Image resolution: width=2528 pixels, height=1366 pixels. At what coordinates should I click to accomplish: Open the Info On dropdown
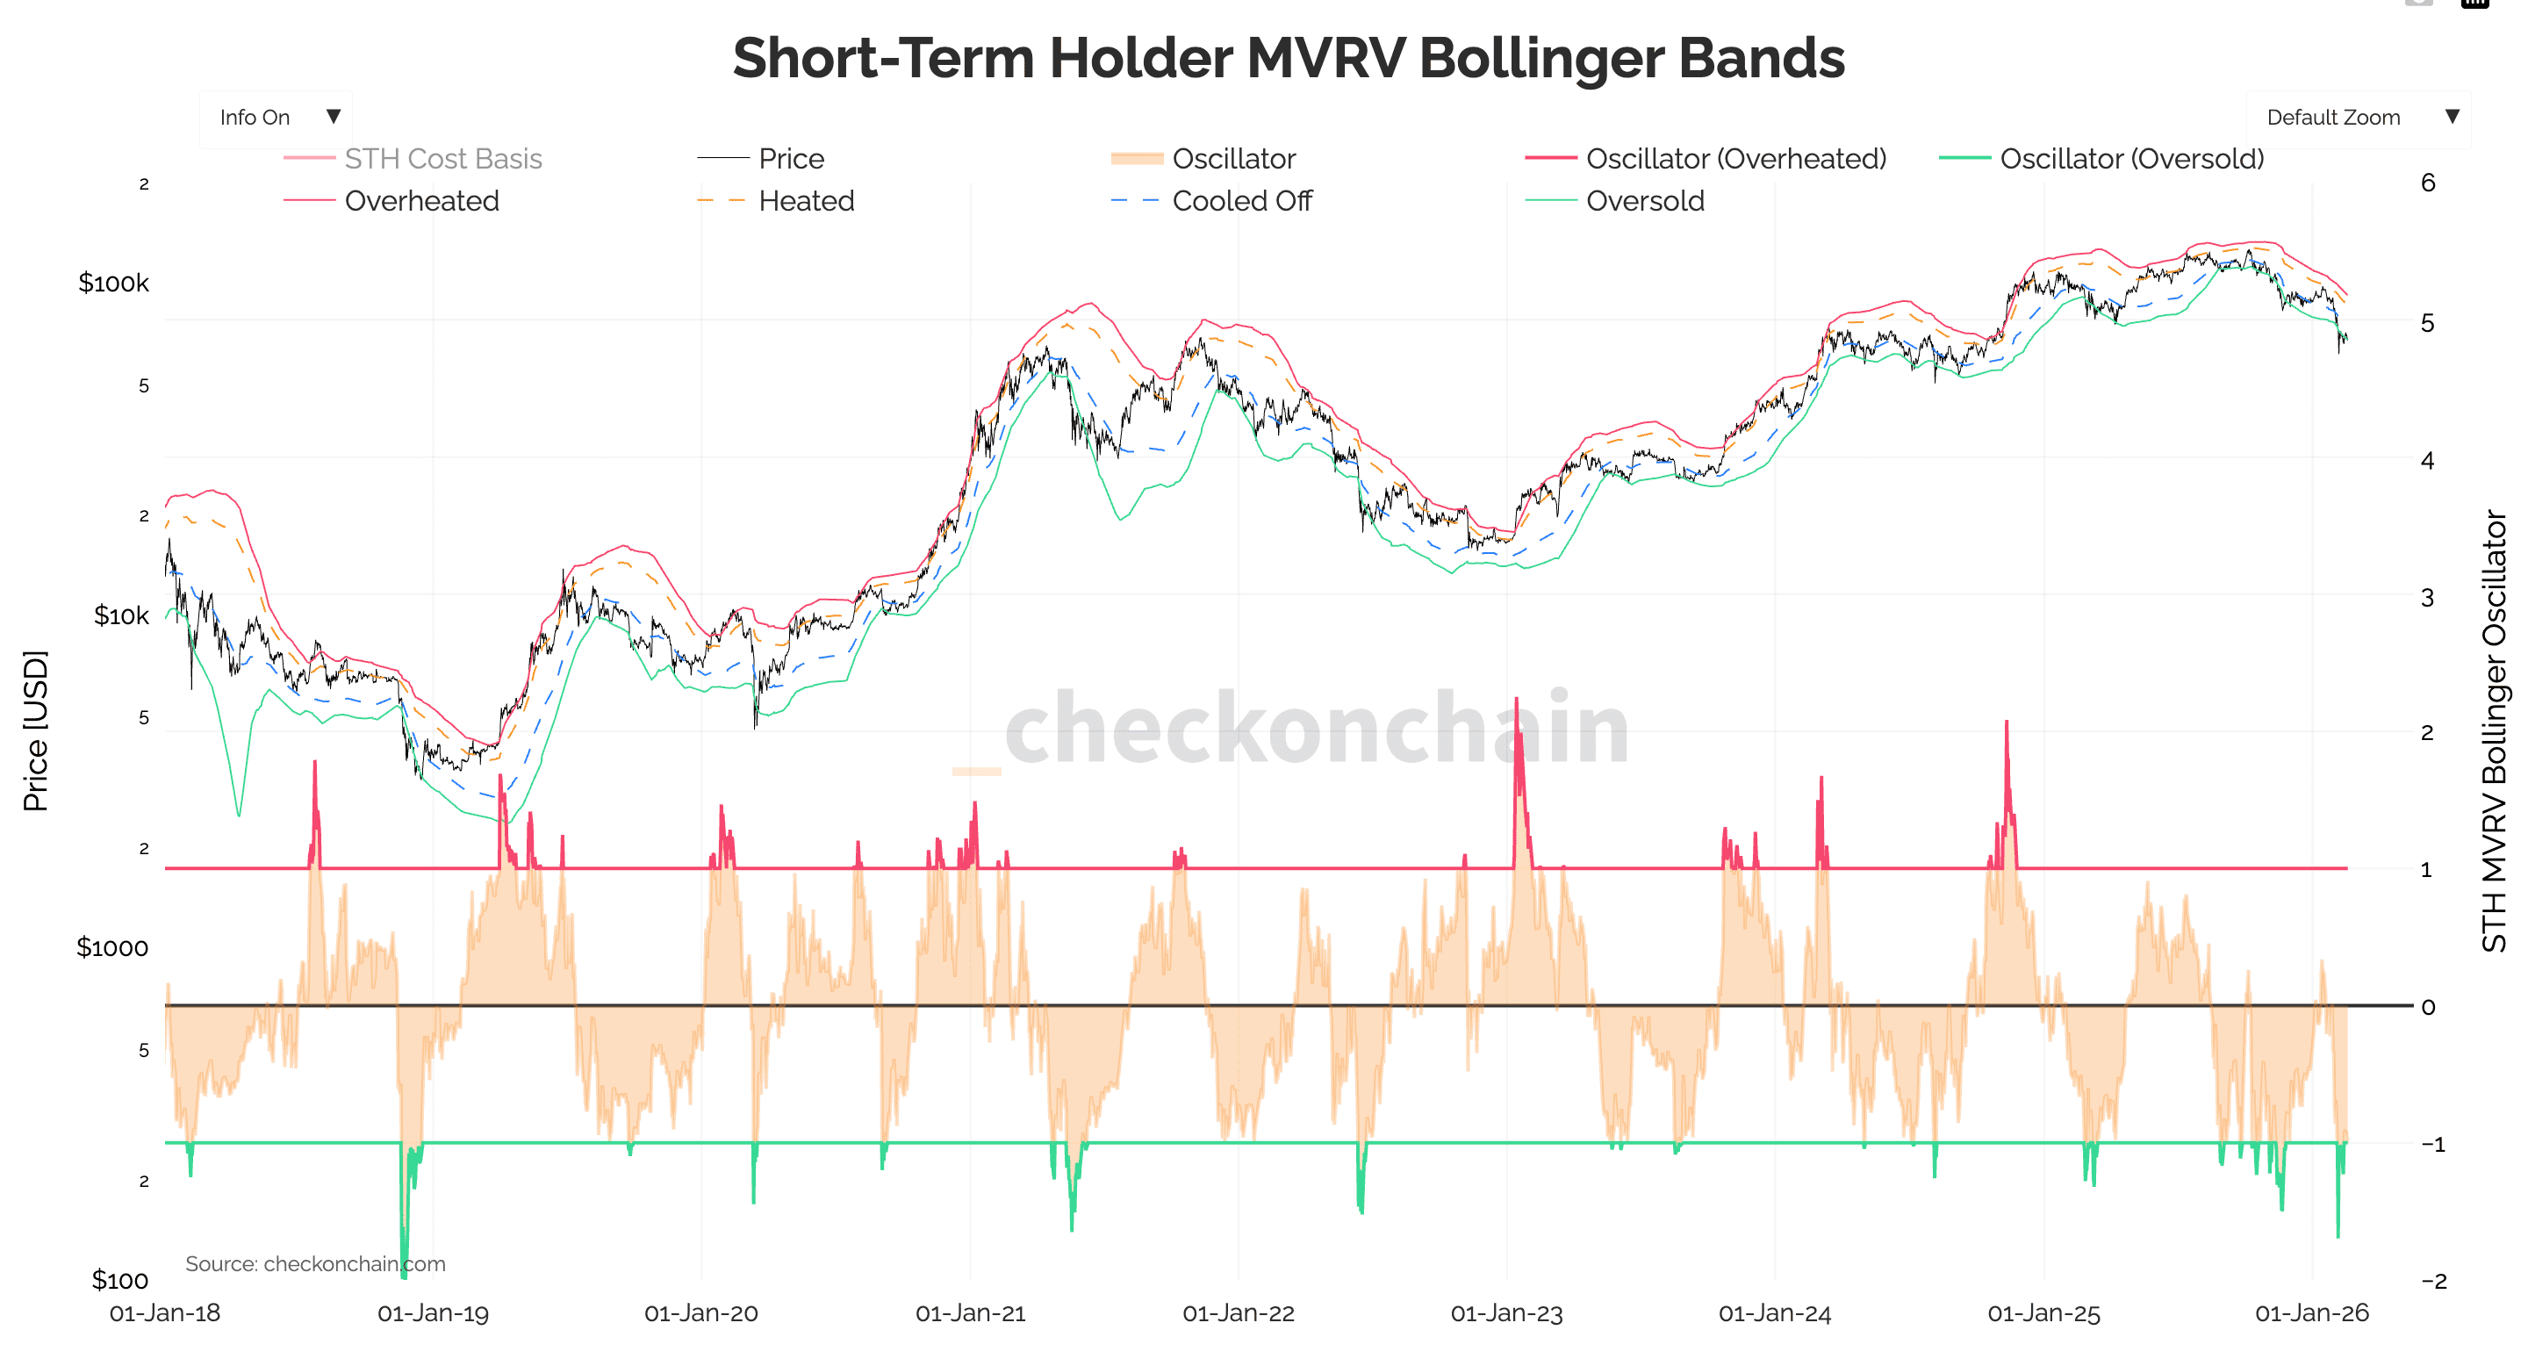pyautogui.click(x=276, y=118)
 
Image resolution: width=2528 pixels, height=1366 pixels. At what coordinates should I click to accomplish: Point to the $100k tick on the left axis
pyautogui.click(x=114, y=284)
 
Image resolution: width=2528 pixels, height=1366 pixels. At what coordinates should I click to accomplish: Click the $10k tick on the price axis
pyautogui.click(x=121, y=616)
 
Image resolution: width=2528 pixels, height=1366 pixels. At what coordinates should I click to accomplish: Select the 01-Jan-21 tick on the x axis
pyautogui.click(x=970, y=1313)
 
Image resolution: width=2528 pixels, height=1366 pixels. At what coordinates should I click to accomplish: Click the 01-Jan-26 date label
pyautogui.click(x=2311, y=1313)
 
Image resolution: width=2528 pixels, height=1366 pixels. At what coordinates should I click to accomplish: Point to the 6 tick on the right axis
pyautogui.click(x=2428, y=183)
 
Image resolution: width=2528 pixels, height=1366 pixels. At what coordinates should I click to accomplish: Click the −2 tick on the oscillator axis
pyautogui.click(x=2433, y=1281)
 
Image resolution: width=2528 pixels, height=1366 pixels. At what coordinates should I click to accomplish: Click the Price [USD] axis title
pyautogui.click(x=35, y=731)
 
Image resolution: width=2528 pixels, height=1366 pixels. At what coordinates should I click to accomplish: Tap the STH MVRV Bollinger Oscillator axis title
pyautogui.click(x=2494, y=731)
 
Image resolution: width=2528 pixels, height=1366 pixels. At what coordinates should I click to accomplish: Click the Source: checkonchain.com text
pyautogui.click(x=315, y=1264)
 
